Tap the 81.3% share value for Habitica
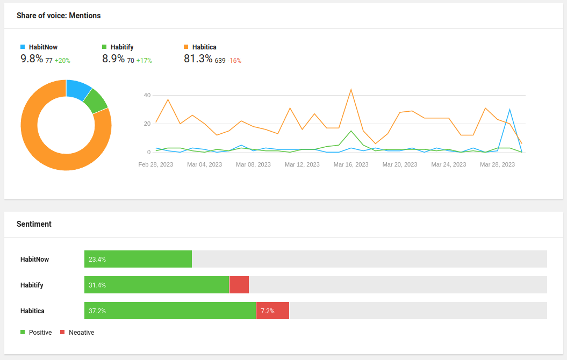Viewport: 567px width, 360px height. coord(198,58)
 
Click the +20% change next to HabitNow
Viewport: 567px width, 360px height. coord(62,61)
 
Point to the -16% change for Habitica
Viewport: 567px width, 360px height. coord(234,61)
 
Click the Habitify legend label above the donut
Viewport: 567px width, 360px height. coord(122,47)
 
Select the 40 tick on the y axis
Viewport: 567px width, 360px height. coord(147,96)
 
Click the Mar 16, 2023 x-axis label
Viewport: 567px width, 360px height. coord(351,164)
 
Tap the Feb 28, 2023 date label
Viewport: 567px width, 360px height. coord(155,164)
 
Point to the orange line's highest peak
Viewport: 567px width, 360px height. coord(351,89)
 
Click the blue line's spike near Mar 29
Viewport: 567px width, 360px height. coord(509,110)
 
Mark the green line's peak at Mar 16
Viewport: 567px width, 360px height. coord(351,131)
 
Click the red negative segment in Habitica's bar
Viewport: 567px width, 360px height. coord(272,311)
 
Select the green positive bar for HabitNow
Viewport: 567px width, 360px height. coord(138,259)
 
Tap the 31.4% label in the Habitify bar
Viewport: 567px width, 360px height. coord(97,285)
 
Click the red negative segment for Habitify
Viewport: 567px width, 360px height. coord(239,285)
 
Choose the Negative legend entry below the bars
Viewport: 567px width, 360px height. coord(77,332)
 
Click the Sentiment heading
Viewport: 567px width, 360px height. coord(34,224)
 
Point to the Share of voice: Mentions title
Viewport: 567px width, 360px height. coord(59,16)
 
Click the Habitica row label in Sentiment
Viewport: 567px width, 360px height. coord(32,311)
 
